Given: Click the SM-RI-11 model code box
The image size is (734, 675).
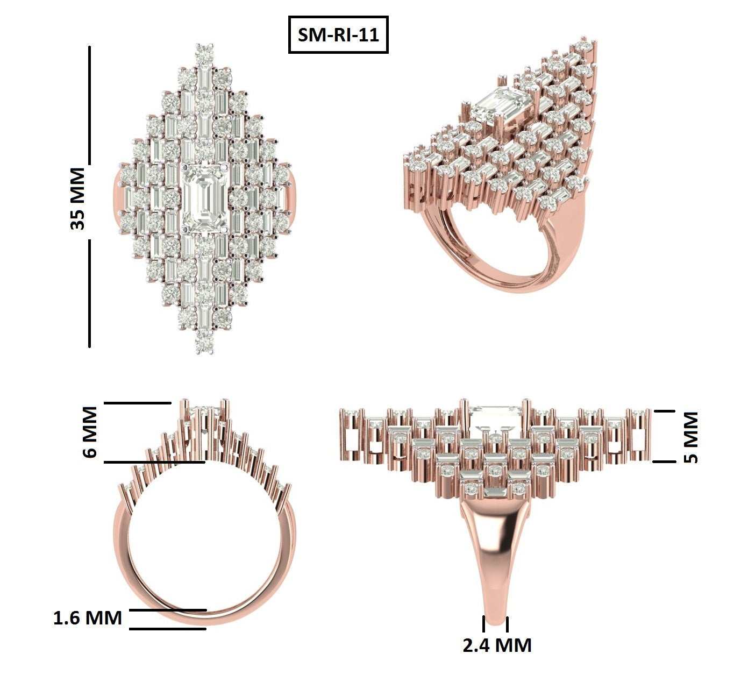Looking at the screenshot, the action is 338,35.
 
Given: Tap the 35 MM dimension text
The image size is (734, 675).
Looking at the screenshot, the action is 77,199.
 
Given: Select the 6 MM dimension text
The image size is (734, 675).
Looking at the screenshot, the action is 90,432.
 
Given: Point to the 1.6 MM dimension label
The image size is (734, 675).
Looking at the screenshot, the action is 88,618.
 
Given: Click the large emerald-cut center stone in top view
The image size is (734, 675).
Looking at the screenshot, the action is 205,198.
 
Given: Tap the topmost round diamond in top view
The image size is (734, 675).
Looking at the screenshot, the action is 204,53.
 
